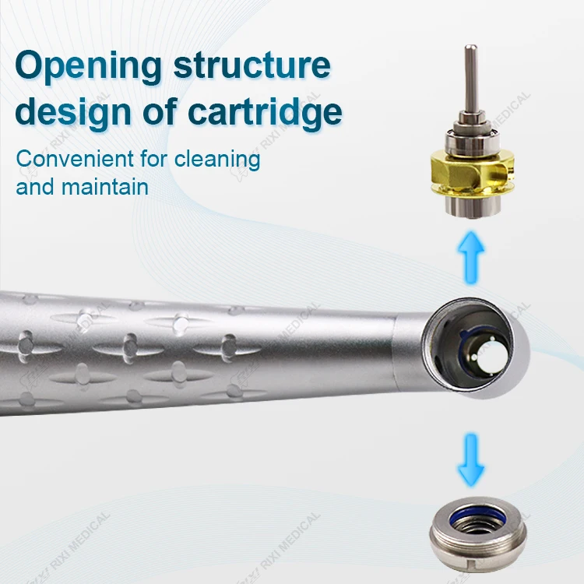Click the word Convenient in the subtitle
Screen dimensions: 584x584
coord(74,159)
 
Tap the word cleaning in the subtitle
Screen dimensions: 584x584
coord(217,160)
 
